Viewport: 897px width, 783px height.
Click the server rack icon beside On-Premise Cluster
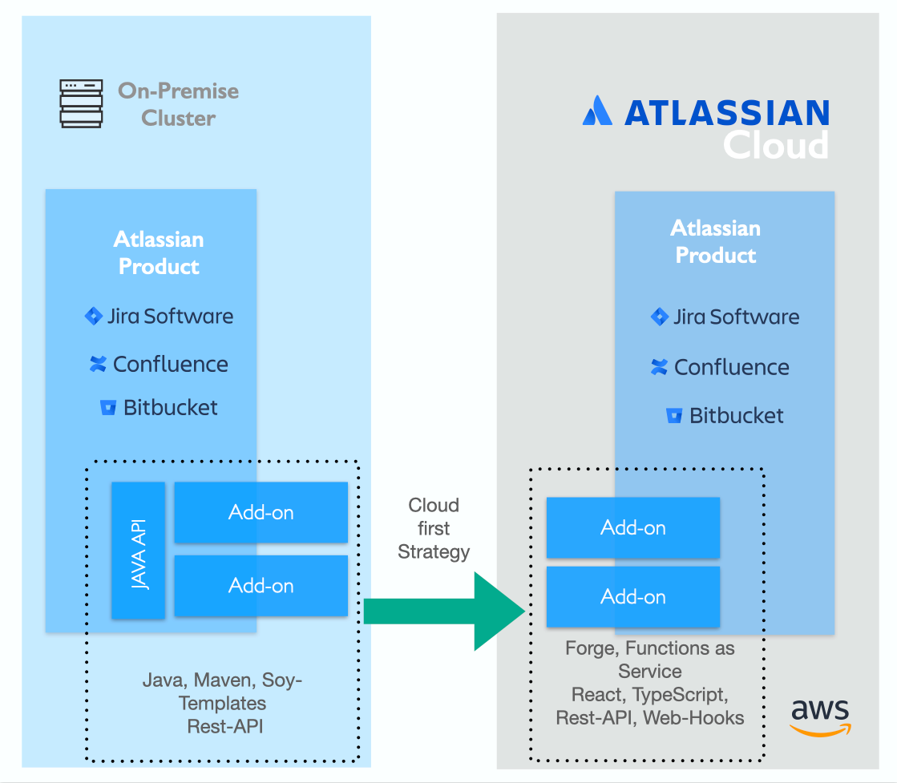[x=81, y=103]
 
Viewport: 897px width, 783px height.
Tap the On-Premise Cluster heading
[x=178, y=104]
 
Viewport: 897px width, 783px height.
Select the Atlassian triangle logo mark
[x=597, y=111]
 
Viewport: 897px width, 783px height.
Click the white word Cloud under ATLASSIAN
[x=775, y=145]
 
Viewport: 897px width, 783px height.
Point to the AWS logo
[x=820, y=716]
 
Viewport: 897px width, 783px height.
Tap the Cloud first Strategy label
[x=434, y=528]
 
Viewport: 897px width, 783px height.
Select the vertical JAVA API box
[x=139, y=550]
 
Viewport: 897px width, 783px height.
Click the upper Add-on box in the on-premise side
[x=261, y=512]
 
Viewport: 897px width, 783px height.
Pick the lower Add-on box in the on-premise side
[x=261, y=586]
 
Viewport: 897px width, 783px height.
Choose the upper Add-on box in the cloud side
[x=633, y=527]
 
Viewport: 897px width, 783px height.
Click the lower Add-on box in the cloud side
[x=633, y=597]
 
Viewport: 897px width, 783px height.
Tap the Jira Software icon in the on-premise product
[x=94, y=316]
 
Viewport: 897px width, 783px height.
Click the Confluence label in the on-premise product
[x=170, y=364]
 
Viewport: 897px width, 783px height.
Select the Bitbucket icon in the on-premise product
[x=108, y=408]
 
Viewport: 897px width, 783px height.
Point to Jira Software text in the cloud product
[x=736, y=317]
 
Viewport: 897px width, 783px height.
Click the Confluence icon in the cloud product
[x=659, y=367]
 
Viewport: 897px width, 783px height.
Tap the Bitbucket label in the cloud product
[x=736, y=415]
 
